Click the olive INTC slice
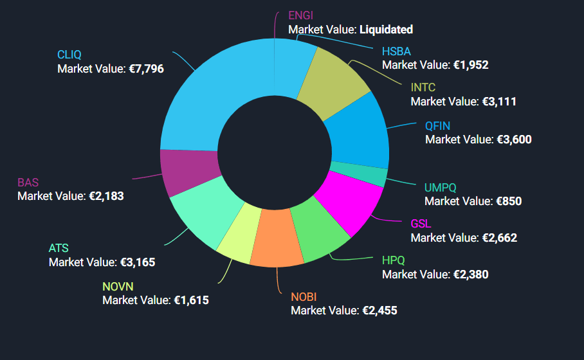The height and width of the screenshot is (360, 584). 334,84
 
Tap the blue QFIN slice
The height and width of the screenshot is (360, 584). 357,132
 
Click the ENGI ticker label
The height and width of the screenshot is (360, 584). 301,15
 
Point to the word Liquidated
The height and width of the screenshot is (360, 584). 386,29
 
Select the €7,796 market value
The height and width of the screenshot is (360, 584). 146,67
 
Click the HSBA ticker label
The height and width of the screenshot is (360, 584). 396,51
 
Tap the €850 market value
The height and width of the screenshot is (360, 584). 509,201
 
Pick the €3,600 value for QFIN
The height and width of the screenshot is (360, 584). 514,139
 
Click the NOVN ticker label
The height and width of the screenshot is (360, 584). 118,287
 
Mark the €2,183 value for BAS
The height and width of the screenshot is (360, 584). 106,196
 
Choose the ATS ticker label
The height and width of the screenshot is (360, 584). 59,248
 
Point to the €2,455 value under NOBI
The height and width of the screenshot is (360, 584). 379,310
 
